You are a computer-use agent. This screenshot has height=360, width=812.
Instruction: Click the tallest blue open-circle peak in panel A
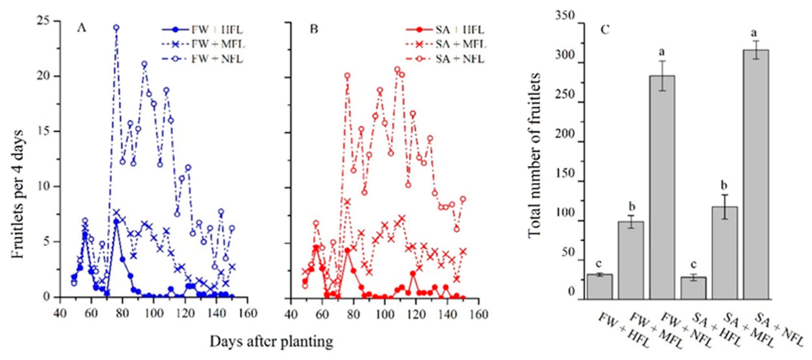pos(116,28)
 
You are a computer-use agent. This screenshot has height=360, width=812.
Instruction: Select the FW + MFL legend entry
pos(218,44)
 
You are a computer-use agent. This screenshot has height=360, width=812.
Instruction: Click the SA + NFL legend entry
pos(460,59)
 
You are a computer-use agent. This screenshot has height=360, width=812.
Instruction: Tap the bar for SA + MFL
pos(725,252)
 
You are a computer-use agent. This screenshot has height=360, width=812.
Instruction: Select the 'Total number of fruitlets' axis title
pos(534,154)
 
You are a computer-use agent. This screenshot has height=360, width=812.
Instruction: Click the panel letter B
pos(314,29)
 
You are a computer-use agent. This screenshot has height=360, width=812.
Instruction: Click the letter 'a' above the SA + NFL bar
pos(756,33)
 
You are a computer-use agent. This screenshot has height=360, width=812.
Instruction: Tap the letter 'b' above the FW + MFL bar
pos(631,207)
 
